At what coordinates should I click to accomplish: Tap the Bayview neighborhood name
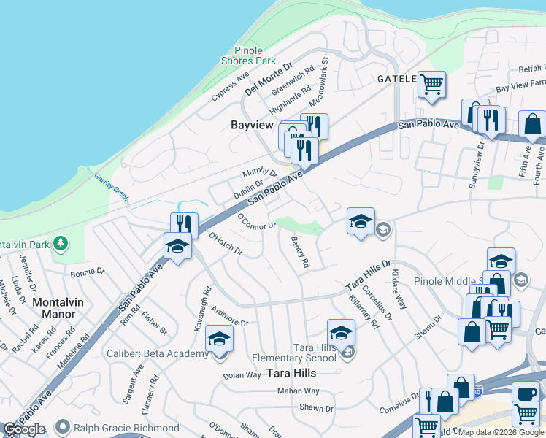[x=251, y=125]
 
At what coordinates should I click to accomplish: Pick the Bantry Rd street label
[x=300, y=251]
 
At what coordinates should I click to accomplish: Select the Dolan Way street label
[x=242, y=374]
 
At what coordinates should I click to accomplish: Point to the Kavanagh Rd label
[x=202, y=310]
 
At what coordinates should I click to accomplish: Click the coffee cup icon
[x=525, y=393]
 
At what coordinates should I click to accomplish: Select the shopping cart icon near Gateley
[x=431, y=84]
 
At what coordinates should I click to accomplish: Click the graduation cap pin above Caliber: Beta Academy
[x=219, y=338]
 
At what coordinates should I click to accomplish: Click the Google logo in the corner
[x=25, y=429]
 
